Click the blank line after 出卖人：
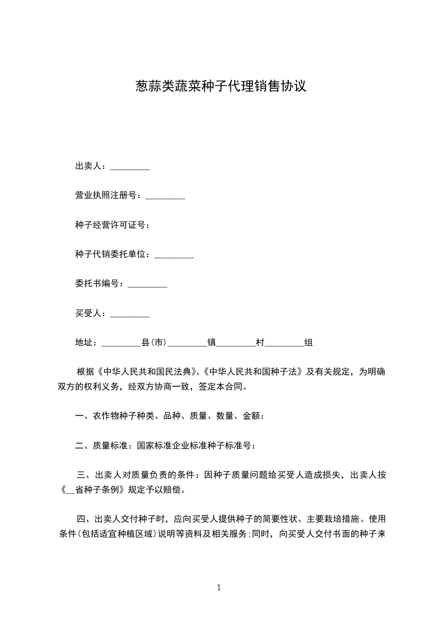coord(130,167)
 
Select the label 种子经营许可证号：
coord(112,225)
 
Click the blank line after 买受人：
coord(130,314)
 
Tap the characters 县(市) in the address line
coord(154,343)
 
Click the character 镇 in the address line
coord(211,343)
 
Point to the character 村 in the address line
coord(260,343)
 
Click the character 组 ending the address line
coord(309,343)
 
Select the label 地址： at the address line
coord(87,343)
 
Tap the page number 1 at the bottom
coord(219,588)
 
